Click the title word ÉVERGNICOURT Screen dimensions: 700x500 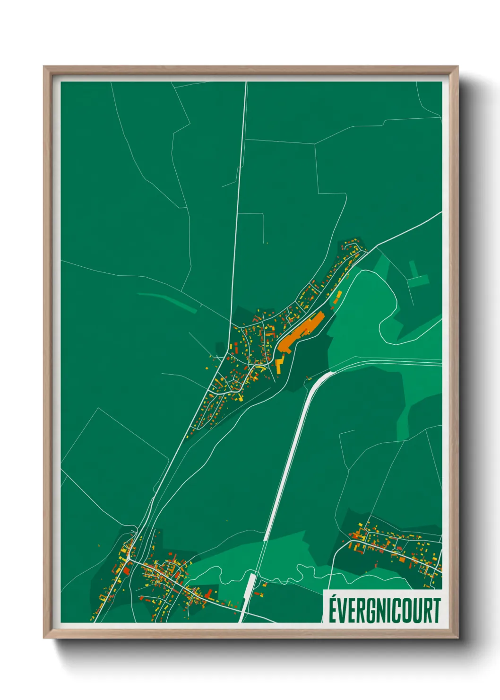click(384, 610)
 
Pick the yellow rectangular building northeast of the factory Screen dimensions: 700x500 click(338, 297)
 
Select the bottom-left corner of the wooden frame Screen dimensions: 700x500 click(44, 637)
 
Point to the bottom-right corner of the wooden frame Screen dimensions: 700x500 click(457, 637)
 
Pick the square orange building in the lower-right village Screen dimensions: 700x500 click(402, 559)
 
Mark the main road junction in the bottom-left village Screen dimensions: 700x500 click(131, 560)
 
